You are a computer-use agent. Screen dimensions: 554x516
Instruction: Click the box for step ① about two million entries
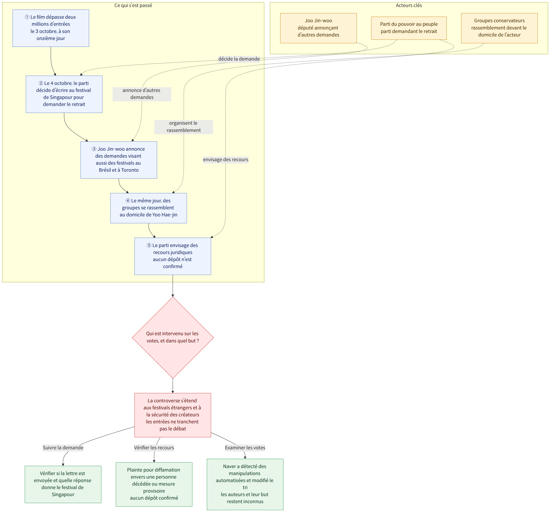[x=51, y=28]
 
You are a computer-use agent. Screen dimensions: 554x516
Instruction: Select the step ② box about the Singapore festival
[x=64, y=94]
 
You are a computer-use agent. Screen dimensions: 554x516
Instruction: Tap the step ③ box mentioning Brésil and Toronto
[x=119, y=160]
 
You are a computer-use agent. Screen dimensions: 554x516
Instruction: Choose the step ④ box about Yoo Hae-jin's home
[x=149, y=208]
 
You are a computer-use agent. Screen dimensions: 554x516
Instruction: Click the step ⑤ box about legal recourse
[x=173, y=256]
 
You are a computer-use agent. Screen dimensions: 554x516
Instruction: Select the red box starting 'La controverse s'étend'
[x=173, y=415]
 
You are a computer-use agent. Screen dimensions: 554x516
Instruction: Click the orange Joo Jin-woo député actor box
[x=318, y=28]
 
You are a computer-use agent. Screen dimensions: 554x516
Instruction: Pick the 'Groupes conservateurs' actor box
[x=499, y=28]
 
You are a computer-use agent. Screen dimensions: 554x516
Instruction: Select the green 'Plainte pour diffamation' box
[x=154, y=484]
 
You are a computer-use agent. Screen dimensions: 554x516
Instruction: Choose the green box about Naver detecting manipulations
[x=245, y=484]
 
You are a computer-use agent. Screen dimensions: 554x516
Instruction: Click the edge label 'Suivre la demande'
[x=63, y=448]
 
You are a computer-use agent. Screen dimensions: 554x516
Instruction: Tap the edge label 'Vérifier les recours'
[x=154, y=448]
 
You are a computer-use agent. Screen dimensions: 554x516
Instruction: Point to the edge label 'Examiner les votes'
[x=245, y=448]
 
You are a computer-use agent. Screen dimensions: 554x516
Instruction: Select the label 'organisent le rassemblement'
[x=184, y=127]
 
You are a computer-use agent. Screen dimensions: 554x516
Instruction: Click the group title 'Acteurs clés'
[x=409, y=5]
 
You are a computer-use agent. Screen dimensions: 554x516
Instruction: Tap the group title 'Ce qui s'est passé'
[x=133, y=5]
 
